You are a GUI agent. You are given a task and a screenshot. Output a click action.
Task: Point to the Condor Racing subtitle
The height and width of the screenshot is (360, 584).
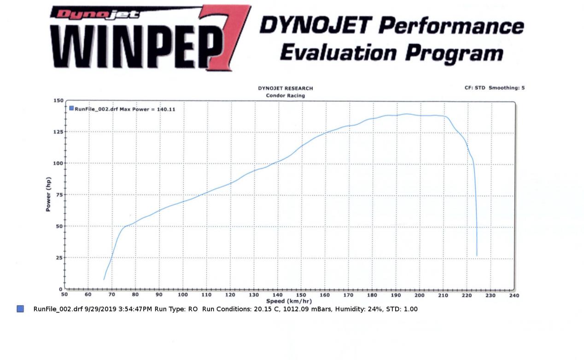285,96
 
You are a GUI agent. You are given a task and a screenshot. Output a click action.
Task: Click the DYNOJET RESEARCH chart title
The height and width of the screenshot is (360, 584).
285,88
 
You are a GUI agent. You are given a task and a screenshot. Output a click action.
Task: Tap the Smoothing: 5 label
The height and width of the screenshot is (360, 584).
507,88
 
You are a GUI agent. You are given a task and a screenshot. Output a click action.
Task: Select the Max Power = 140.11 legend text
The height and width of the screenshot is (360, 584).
147,109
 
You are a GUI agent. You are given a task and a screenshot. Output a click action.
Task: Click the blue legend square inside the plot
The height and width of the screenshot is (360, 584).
71,109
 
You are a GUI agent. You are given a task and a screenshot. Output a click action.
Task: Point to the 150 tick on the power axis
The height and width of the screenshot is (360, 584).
58,100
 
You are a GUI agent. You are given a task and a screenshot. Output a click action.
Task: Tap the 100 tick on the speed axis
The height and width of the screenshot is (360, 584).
183,295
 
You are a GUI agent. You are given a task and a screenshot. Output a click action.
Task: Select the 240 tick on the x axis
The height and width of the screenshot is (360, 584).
514,295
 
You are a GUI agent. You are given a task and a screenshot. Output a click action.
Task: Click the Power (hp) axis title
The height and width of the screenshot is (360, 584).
48,195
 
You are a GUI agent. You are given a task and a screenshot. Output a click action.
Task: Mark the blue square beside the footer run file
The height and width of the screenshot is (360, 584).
20,309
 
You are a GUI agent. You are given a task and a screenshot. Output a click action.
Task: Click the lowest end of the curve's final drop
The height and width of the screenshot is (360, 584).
477,255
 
